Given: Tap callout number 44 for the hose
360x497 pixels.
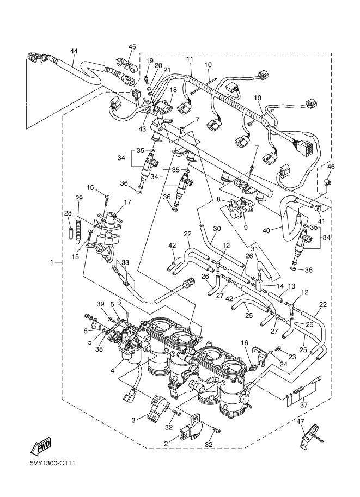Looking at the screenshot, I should pos(74,51).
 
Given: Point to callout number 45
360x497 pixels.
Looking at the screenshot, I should pos(132,47).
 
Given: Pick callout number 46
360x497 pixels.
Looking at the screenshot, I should pos(331,167).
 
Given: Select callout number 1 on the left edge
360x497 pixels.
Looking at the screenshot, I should pos(53,262).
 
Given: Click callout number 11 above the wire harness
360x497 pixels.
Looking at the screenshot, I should pos(190,59).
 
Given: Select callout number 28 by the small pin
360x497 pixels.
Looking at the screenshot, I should pos(69,213).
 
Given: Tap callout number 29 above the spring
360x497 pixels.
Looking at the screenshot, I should pos(78,198).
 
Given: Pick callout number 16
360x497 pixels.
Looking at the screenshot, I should pos(245,343).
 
